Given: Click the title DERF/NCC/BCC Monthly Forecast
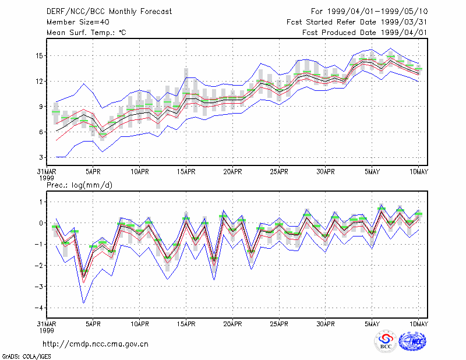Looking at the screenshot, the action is (109, 12).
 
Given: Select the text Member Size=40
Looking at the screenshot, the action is (78, 22).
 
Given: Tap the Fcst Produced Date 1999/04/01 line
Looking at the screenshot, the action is (365, 33).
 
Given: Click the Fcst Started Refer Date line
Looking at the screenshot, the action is (357, 22).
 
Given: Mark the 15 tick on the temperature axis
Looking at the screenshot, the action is (40, 56).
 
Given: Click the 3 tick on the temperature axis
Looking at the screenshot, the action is (41, 157).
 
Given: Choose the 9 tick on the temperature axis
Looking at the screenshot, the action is (41, 107).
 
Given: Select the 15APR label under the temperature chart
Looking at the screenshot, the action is (186, 172).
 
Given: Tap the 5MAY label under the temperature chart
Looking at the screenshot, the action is (372, 172).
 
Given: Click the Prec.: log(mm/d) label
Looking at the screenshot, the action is (79, 185).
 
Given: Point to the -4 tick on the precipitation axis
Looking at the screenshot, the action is (39, 308).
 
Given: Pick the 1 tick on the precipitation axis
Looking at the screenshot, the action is (41, 202).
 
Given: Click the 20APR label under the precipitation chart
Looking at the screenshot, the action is (232, 324).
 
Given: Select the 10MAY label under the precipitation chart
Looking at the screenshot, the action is (418, 324).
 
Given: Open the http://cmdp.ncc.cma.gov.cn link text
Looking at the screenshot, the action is (96, 344).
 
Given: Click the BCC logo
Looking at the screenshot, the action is (386, 341).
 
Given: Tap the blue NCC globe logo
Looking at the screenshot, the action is (412, 341).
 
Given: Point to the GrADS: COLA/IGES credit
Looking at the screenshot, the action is (26, 357).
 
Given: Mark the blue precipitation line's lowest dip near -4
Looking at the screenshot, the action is (84, 303).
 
